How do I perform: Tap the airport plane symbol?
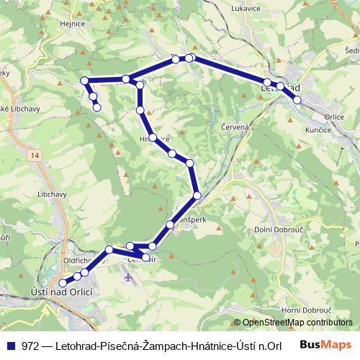[128, 275]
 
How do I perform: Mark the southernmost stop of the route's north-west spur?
[97, 108]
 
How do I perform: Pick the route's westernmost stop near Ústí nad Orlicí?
[63, 283]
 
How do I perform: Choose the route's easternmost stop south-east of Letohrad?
[297, 99]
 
